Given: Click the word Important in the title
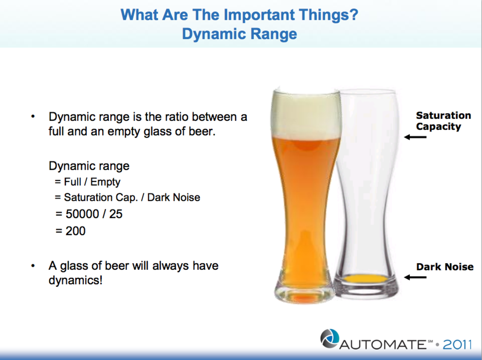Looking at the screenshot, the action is [259, 15].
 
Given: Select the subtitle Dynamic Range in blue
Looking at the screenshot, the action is [239, 34].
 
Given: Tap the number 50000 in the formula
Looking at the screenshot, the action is [82, 214].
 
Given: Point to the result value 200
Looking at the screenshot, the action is [76, 231].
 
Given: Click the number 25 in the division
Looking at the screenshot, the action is [116, 214].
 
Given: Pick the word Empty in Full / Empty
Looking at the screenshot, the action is [105, 182].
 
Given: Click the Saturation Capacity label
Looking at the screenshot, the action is [443, 121].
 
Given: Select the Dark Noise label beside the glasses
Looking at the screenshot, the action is [445, 267].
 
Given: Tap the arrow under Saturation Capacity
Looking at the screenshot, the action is [415, 137].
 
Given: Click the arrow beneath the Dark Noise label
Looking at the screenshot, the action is [415, 277].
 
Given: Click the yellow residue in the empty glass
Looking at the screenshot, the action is [365, 279].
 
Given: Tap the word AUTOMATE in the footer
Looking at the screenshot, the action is [383, 345].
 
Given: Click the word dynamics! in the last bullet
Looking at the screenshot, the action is [76, 281].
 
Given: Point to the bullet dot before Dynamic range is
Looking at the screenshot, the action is [33, 117].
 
